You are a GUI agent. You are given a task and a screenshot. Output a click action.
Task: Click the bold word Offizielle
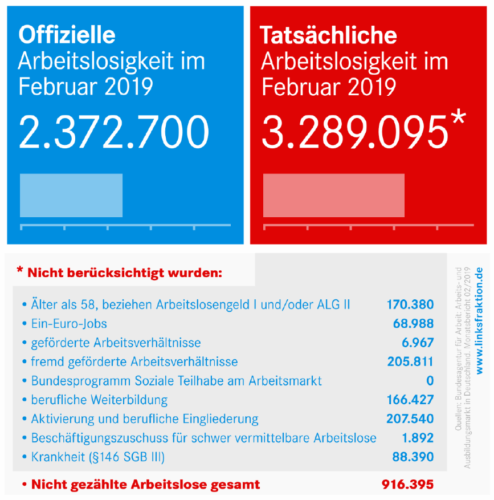click(x=67, y=35)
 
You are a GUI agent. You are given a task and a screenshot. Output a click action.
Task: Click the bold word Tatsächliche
click(x=329, y=35)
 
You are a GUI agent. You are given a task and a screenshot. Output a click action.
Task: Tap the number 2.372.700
click(x=114, y=132)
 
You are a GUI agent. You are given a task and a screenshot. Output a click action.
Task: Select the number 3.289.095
click(x=355, y=132)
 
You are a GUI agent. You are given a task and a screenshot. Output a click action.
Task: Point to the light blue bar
click(x=71, y=196)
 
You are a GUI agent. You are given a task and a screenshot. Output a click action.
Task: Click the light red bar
click(x=334, y=196)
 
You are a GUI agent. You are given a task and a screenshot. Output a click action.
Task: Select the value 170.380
click(x=410, y=304)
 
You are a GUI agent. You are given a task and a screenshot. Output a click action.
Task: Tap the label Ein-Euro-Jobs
click(x=69, y=324)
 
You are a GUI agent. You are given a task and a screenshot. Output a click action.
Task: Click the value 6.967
click(x=418, y=343)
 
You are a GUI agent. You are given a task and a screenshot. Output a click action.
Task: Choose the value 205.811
click(x=410, y=361)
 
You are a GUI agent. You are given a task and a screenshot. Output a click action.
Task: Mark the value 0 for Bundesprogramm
click(x=430, y=381)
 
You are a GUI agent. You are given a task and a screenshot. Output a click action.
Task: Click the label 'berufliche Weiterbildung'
click(x=99, y=400)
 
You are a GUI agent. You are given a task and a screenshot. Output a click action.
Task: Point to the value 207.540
click(x=410, y=418)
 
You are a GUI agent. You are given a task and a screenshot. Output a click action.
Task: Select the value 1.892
click(x=418, y=438)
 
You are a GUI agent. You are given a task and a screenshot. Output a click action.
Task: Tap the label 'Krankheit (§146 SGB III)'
click(x=98, y=457)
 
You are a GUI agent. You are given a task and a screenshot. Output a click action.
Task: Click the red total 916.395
click(x=407, y=485)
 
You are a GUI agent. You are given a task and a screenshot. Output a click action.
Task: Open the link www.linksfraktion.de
click(x=479, y=320)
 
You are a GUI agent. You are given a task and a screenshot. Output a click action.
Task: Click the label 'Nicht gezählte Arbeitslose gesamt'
click(x=146, y=485)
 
